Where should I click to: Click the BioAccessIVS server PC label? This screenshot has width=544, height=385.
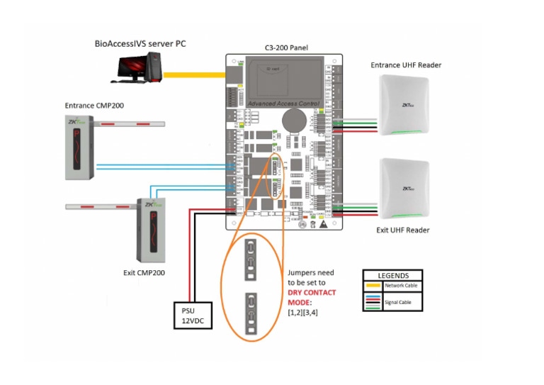click(x=140, y=44)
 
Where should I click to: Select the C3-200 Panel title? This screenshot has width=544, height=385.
click(x=285, y=48)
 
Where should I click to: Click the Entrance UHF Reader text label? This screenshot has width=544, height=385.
click(x=406, y=65)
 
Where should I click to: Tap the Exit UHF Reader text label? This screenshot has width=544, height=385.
click(x=402, y=230)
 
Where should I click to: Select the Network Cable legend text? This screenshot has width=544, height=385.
click(x=401, y=286)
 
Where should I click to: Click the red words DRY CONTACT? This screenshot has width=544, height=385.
click(x=312, y=292)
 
